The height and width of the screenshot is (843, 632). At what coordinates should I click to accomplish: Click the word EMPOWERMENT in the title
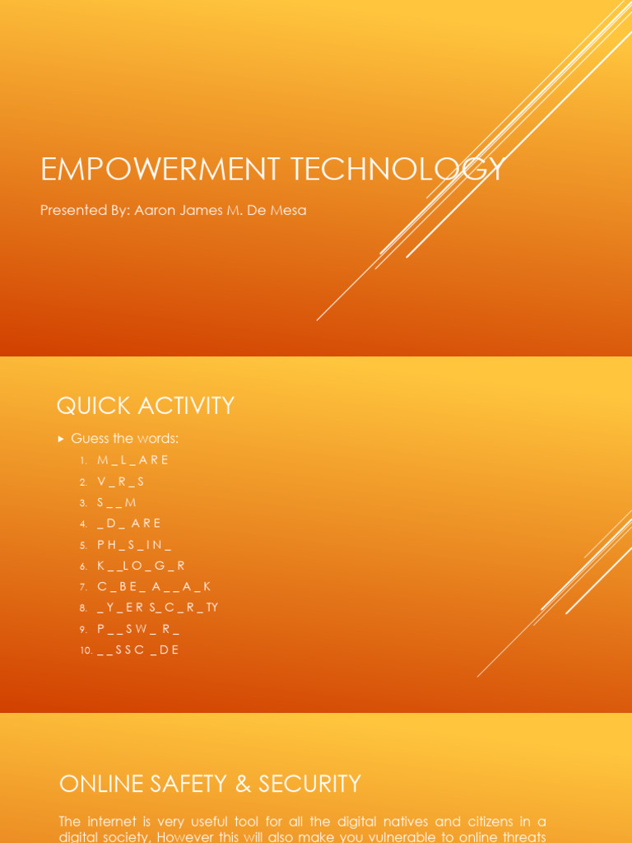pos(148,170)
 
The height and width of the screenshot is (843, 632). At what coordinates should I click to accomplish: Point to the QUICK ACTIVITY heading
pos(145,406)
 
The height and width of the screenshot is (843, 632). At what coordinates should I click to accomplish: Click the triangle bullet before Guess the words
pos(61,439)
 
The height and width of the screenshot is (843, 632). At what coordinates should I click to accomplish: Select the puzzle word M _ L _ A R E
pos(132,460)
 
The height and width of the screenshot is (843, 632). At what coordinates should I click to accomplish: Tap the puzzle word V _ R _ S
pos(120,482)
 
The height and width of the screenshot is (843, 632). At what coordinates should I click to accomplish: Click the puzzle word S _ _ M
pos(117,502)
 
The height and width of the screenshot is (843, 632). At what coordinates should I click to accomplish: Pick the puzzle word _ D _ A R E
pos(129,524)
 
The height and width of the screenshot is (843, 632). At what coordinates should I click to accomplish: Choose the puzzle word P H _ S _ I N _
pos(134,544)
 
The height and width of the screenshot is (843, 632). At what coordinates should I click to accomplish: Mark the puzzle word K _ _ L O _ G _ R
pos(141,566)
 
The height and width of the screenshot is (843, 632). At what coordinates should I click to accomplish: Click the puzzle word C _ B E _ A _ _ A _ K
pos(154,587)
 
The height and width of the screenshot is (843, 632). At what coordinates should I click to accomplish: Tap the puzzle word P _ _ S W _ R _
pos(138,629)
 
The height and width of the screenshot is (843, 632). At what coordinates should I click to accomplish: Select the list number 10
pos(86,650)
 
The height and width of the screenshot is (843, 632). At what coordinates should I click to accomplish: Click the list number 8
pos(83,608)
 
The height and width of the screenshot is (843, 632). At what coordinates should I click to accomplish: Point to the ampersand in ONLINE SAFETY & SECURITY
pos(243,784)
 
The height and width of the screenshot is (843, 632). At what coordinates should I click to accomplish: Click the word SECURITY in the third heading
pos(309,784)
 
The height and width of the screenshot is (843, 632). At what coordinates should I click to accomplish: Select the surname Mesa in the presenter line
pos(289,210)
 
